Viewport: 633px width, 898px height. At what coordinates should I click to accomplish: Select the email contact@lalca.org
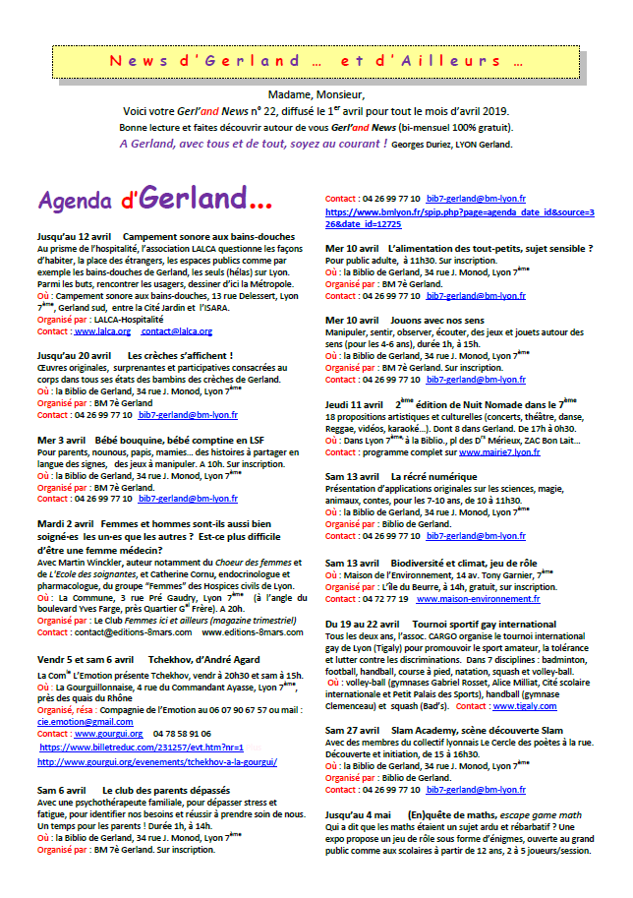[177, 331]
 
